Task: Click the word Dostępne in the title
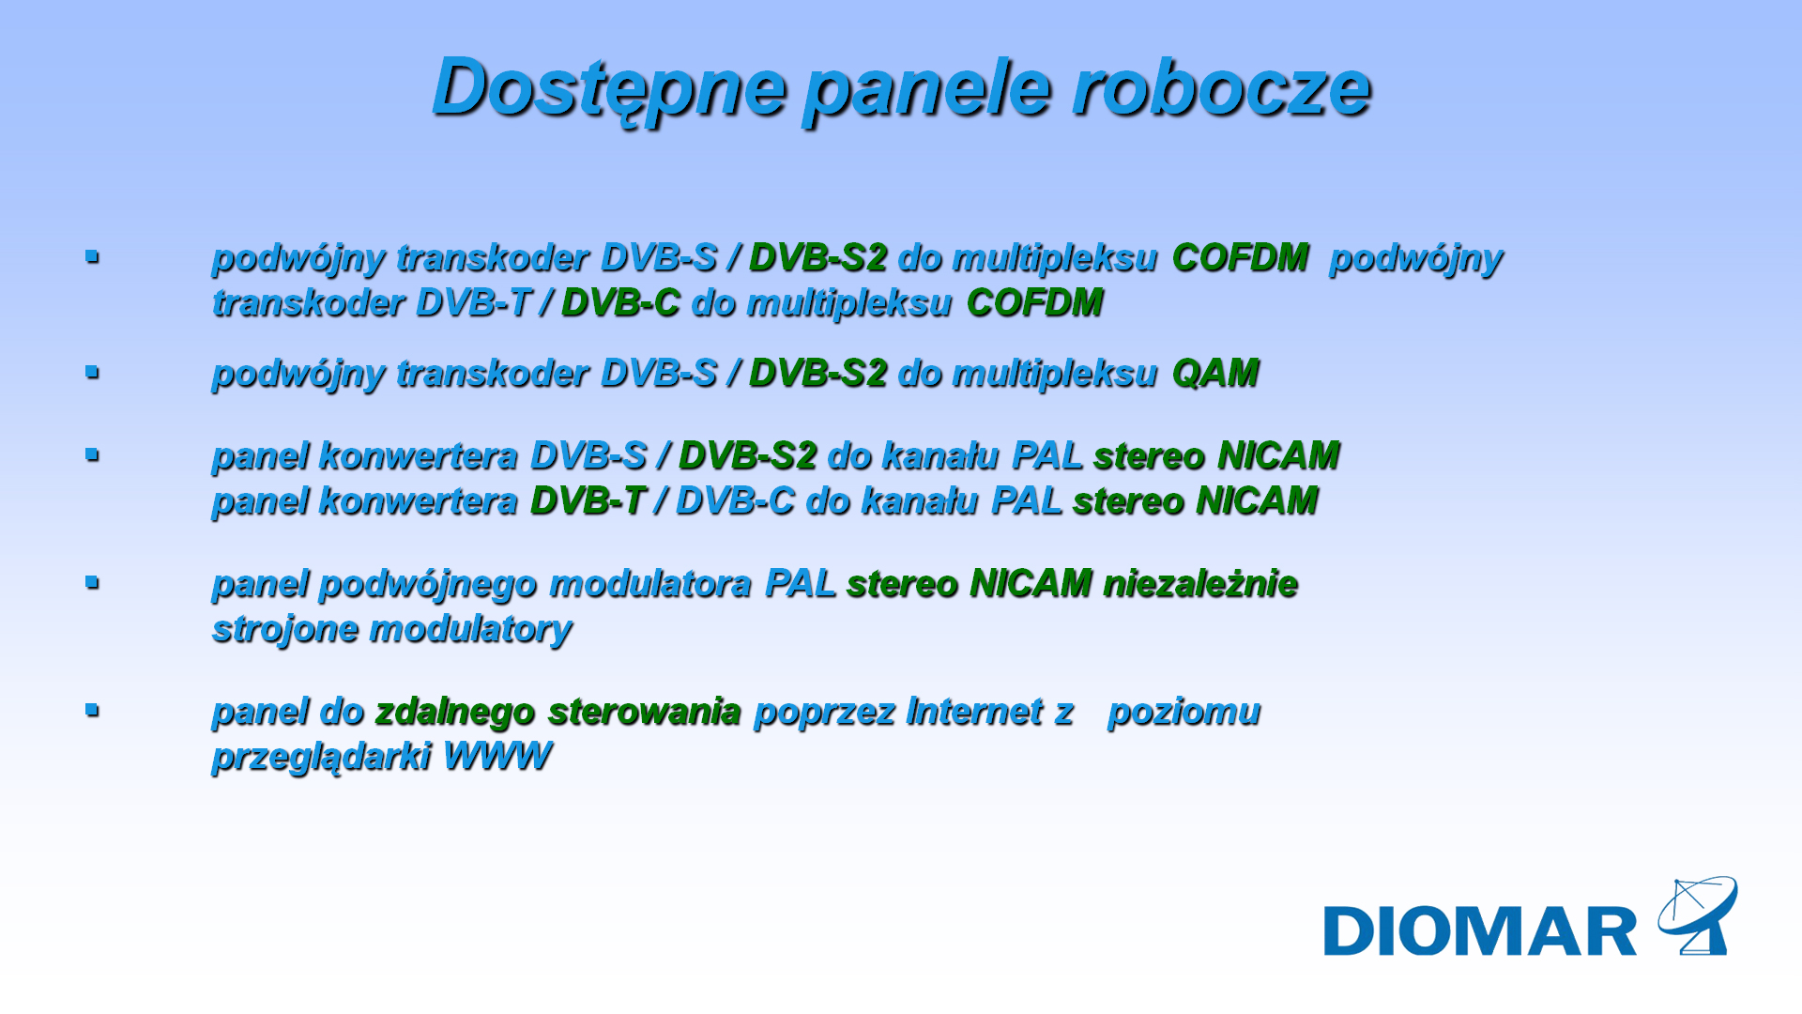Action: coord(608,90)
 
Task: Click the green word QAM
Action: coord(1215,374)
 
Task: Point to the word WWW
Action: coord(497,756)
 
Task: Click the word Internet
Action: coord(975,712)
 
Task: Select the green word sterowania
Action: coord(645,712)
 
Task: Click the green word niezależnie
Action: coord(1201,584)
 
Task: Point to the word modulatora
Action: coord(650,584)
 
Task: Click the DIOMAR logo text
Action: coord(1480,931)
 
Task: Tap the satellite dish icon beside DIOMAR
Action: coord(1697,915)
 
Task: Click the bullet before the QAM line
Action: coord(92,372)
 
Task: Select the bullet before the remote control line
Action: coord(92,710)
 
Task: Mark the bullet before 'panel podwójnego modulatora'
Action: coord(92,582)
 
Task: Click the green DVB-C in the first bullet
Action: coord(620,303)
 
